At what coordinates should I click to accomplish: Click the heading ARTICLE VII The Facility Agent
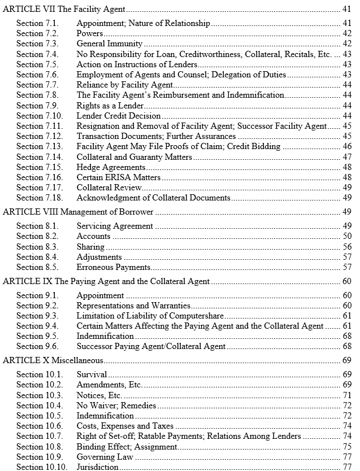point(64,9)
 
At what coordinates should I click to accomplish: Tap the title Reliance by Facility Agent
point(125,85)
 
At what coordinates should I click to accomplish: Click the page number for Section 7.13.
point(347,146)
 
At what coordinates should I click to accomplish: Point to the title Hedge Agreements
point(111,167)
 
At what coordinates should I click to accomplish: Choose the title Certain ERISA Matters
point(119,177)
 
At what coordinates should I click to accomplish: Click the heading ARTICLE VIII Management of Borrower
point(79,212)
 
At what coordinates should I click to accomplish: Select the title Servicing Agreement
point(115,226)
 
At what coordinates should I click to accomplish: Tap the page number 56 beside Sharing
point(347,247)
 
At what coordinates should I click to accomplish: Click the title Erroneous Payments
point(114,267)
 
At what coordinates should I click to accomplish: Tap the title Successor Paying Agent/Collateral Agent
point(151,346)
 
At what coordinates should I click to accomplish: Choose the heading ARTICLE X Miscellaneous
point(53,360)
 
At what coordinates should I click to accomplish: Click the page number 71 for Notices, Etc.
point(347,395)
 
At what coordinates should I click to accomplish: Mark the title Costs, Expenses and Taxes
point(125,426)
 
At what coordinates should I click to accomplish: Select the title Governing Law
point(105,456)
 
